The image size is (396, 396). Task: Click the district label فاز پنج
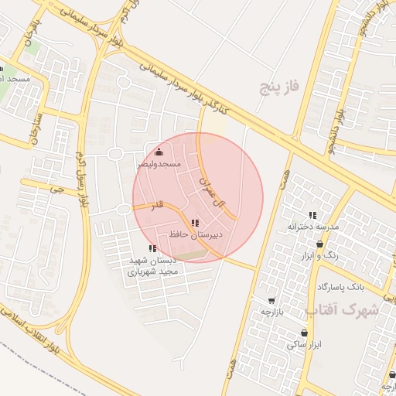click(x=278, y=87)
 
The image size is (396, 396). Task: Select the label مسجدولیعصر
click(x=159, y=164)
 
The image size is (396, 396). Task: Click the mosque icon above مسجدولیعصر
click(x=159, y=152)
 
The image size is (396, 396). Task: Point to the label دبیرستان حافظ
click(x=195, y=233)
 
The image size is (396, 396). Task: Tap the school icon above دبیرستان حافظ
click(x=195, y=222)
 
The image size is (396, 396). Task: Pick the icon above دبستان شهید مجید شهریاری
click(x=152, y=248)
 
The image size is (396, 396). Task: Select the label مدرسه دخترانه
click(x=313, y=227)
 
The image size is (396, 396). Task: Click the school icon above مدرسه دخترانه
click(x=313, y=215)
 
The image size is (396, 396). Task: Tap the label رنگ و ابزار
click(x=321, y=254)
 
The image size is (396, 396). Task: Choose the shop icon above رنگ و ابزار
click(x=319, y=244)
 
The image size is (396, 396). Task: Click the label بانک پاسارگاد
click(x=340, y=286)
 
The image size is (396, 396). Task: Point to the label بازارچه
click(x=272, y=311)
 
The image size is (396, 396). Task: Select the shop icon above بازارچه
click(x=271, y=300)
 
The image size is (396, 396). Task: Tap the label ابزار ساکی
click(x=303, y=344)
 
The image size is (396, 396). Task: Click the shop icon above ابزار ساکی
click(x=304, y=333)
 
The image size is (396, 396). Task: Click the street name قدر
click(x=157, y=207)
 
